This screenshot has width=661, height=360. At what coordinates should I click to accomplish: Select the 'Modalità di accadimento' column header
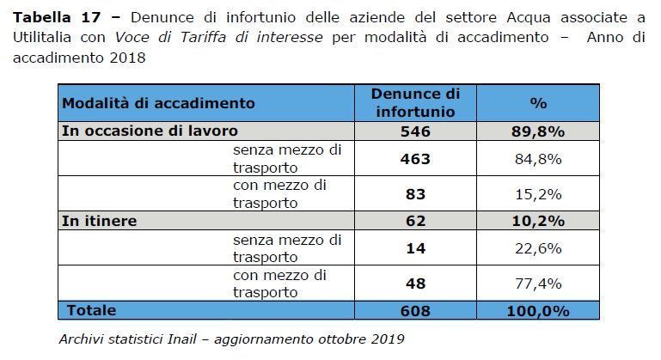(158, 103)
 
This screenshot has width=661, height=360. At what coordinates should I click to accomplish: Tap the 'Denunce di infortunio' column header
(416, 103)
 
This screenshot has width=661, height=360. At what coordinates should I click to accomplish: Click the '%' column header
(539, 103)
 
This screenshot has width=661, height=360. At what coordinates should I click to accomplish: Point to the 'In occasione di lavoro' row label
(150, 131)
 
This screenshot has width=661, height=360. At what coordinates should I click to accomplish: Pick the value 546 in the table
(416, 131)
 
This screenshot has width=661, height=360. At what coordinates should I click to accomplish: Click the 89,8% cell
(539, 131)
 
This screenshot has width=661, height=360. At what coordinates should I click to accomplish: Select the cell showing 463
(416, 159)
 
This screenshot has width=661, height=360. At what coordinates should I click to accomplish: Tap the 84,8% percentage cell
(539, 159)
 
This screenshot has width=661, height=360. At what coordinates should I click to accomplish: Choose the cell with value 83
(416, 194)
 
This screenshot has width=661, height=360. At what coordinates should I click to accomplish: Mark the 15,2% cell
(539, 194)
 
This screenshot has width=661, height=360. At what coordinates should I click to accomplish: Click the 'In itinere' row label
(100, 221)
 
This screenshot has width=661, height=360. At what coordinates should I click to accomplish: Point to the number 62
(416, 221)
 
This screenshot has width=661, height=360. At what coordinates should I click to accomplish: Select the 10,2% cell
(539, 221)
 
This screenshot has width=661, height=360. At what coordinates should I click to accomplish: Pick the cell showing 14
(416, 248)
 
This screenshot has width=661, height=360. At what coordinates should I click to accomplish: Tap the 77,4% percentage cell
(539, 284)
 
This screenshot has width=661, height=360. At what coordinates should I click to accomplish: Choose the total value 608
(416, 310)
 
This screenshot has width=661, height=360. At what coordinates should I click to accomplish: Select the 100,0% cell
(539, 310)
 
